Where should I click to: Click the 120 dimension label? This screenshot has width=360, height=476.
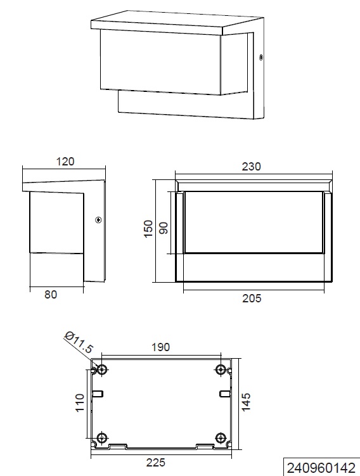pyautogui.click(x=65, y=162)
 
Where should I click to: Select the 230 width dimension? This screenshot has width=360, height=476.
pyautogui.click(x=252, y=167)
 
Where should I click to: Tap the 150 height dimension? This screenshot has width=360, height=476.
pyautogui.click(x=148, y=229)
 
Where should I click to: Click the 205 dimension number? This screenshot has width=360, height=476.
pyautogui.click(x=252, y=298)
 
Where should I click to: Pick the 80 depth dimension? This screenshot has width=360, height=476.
pyautogui.click(x=51, y=294)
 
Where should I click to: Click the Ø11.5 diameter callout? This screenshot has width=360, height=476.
pyautogui.click(x=80, y=344)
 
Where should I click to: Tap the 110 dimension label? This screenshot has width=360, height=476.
pyautogui.click(x=79, y=403)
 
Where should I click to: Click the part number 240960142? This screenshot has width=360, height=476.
pyautogui.click(x=321, y=468)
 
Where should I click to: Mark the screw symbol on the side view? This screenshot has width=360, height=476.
pyautogui.click(x=98, y=220)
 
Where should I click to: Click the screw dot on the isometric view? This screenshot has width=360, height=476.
pyautogui.click(x=260, y=58)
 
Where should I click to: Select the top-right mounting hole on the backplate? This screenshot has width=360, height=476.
pyautogui.click(x=221, y=370)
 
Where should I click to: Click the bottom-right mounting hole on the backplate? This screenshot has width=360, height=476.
pyautogui.click(x=221, y=437)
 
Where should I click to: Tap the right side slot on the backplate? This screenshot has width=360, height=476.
pyautogui.click(x=224, y=394)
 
